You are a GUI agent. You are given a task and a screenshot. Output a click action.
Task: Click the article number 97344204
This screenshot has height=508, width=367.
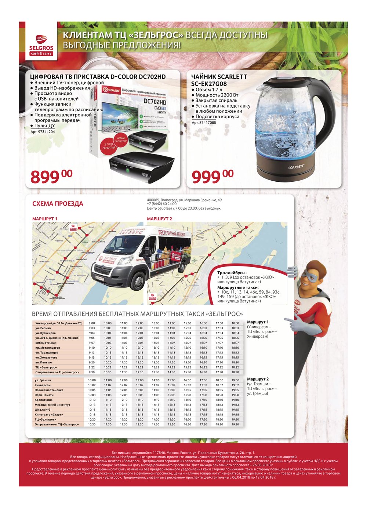43,131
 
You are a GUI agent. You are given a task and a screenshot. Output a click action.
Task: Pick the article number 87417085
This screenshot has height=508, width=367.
204,123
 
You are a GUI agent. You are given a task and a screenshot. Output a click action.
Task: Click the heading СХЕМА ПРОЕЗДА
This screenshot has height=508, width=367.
58,204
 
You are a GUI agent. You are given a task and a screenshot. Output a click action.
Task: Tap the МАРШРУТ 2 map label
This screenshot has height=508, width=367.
159,219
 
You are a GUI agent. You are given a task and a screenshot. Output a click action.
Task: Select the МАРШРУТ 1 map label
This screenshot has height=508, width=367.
45,219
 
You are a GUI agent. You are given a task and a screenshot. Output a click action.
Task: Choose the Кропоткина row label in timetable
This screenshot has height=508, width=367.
44,400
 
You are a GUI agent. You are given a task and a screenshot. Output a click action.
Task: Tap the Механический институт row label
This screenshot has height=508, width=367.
52,405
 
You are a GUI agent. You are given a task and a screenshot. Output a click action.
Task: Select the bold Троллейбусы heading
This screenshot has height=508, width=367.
232,273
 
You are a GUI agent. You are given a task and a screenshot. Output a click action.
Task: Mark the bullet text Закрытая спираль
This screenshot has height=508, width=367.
216,100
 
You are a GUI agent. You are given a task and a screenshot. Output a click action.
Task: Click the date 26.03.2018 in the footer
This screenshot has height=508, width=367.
263,465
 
